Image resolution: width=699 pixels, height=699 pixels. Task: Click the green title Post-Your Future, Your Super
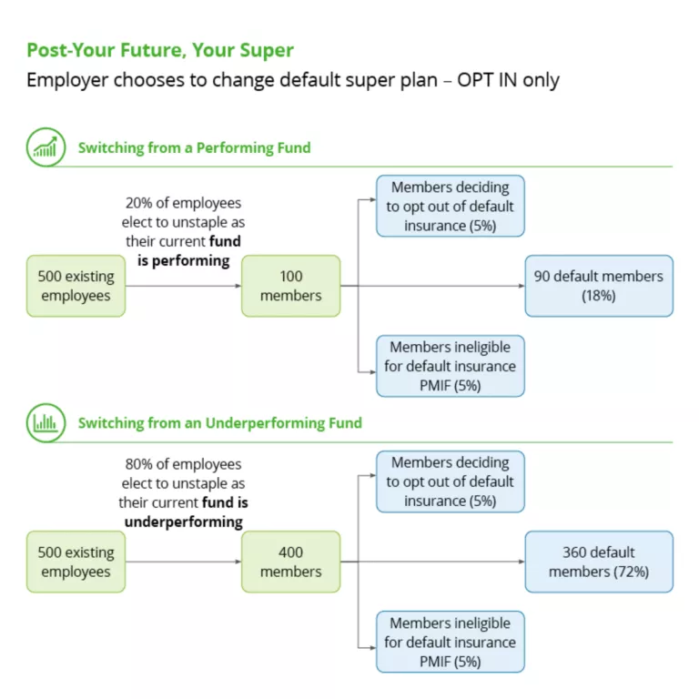click(160, 50)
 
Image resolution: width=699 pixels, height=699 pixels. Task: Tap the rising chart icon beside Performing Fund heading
click(46, 147)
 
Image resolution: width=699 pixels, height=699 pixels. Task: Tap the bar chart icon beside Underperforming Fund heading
click(46, 422)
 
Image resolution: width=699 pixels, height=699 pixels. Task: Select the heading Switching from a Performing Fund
click(194, 147)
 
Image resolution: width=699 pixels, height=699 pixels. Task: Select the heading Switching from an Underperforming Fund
click(219, 422)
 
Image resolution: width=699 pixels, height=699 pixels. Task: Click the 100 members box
click(290, 286)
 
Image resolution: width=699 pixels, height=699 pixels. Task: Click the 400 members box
click(290, 562)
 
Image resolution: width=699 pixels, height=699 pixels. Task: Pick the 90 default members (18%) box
click(598, 286)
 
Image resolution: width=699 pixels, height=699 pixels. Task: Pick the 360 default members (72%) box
click(598, 562)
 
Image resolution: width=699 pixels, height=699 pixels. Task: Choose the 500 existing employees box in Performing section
click(76, 286)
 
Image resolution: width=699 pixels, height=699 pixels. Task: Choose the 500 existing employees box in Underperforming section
click(76, 562)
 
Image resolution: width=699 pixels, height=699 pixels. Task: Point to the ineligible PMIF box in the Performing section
click(450, 366)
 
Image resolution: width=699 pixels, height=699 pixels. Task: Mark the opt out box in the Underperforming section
click(450, 481)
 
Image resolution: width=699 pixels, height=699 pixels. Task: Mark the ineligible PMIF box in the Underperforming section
click(450, 642)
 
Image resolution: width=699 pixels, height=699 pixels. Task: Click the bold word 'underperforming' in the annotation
click(183, 522)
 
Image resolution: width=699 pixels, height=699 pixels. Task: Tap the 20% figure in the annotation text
click(139, 203)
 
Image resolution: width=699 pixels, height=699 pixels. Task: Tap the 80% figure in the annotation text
click(139, 464)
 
